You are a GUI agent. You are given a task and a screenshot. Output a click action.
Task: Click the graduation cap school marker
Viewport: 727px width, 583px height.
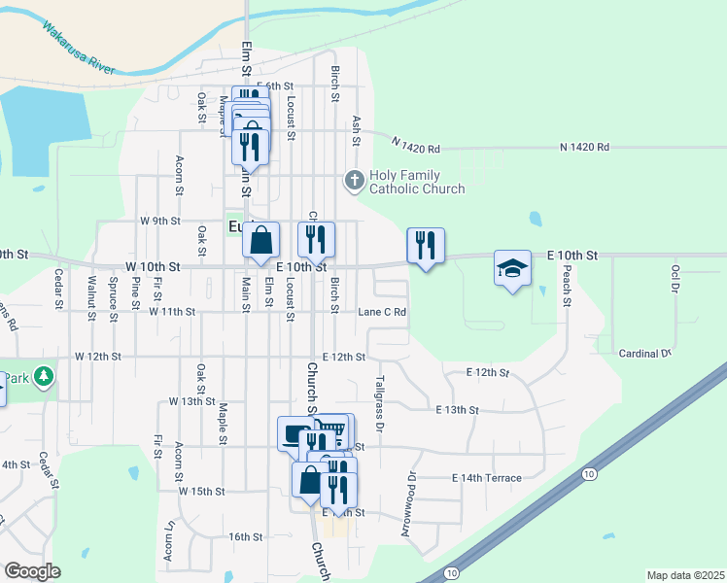512,268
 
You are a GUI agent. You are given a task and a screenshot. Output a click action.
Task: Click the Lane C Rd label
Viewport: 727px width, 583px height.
382,312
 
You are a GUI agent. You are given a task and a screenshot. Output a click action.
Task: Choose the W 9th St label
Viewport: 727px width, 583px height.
160,221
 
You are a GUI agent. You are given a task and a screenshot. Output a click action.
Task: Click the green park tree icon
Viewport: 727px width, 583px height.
42,376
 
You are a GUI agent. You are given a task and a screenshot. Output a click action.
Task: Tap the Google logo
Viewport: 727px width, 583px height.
32,571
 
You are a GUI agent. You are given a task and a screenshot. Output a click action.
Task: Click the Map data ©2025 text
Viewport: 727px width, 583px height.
684,575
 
